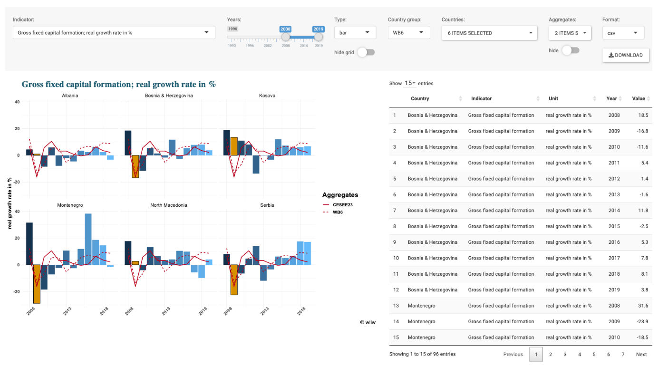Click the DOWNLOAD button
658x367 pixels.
(625, 55)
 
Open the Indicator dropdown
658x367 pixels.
(114, 33)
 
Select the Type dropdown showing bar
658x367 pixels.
(355, 33)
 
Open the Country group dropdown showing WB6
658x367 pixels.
(408, 33)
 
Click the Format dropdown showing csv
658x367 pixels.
(623, 33)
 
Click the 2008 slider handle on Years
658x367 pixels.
(285, 37)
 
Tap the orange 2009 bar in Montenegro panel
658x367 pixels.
(37, 284)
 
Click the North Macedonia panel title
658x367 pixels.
(169, 205)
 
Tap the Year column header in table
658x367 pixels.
(611, 99)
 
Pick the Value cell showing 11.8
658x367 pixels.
(643, 211)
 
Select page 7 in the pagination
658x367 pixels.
(623, 354)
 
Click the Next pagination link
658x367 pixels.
(641, 354)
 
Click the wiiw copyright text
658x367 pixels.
(368, 322)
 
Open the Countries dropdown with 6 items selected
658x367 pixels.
(489, 33)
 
